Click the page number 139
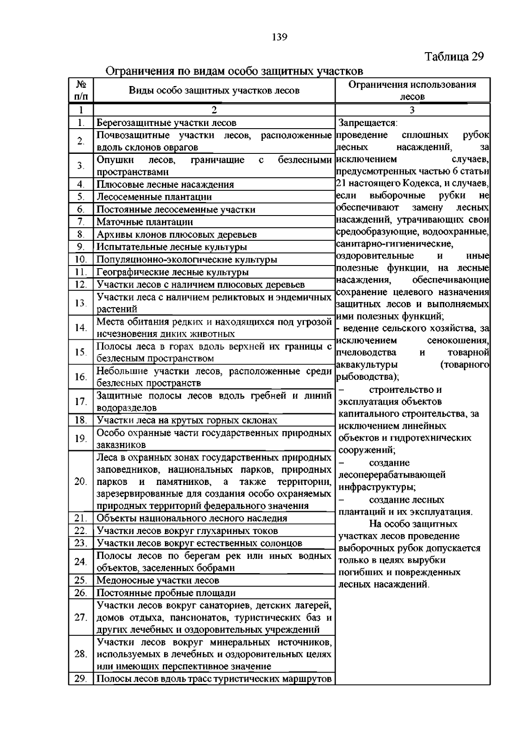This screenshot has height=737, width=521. click(279, 37)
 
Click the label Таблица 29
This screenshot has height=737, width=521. click(454, 56)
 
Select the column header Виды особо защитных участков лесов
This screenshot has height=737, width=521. click(214, 90)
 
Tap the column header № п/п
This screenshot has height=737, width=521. click(81, 90)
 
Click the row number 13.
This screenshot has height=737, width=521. click(81, 303)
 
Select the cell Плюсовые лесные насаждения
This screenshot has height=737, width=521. click(165, 185)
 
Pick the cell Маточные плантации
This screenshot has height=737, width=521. click(145, 222)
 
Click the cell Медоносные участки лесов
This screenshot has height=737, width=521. click(158, 581)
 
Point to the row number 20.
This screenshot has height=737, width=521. click(81, 481)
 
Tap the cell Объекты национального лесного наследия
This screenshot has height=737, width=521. click(191, 518)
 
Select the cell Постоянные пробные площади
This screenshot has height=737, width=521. click(166, 593)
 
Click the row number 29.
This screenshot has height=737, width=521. click(81, 679)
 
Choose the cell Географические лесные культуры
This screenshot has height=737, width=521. click(172, 272)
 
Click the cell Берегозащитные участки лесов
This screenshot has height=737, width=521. click(166, 123)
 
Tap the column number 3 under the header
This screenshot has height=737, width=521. click(412, 110)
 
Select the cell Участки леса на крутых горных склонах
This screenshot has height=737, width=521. click(187, 421)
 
